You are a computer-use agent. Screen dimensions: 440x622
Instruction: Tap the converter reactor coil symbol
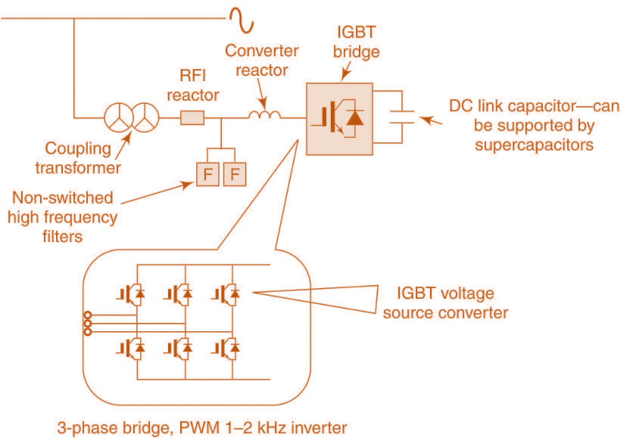point(265,115)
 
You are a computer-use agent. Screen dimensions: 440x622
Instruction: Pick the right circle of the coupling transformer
point(145,117)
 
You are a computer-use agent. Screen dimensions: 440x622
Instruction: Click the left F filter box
point(207,174)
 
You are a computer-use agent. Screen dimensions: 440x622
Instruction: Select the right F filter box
point(234,174)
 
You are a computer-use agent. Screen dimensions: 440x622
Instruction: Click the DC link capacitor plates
point(402,118)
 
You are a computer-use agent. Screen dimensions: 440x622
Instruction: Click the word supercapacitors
point(533,146)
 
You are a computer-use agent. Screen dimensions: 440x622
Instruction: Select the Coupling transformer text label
point(78,158)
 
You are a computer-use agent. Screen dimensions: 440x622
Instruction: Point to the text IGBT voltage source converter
point(445,303)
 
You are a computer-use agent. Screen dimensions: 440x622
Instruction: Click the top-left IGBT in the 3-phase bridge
point(130,294)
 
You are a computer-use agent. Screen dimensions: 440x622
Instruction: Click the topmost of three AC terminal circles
point(86,315)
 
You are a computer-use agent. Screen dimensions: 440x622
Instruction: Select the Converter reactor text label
point(262,60)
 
